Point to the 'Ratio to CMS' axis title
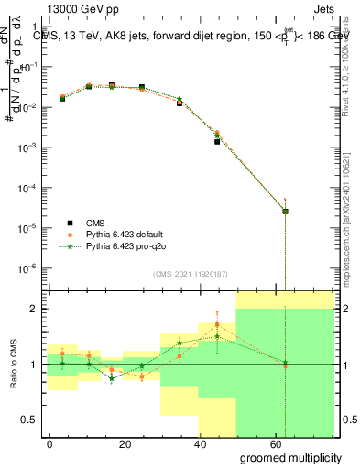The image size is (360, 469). click(x=14, y=363)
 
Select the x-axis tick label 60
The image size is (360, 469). click(x=276, y=443)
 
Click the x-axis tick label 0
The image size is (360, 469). click(x=50, y=443)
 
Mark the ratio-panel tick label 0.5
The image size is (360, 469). click(x=27, y=420)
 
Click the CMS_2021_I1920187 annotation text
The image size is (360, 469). click(x=190, y=274)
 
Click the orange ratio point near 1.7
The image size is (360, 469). click(x=217, y=324)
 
